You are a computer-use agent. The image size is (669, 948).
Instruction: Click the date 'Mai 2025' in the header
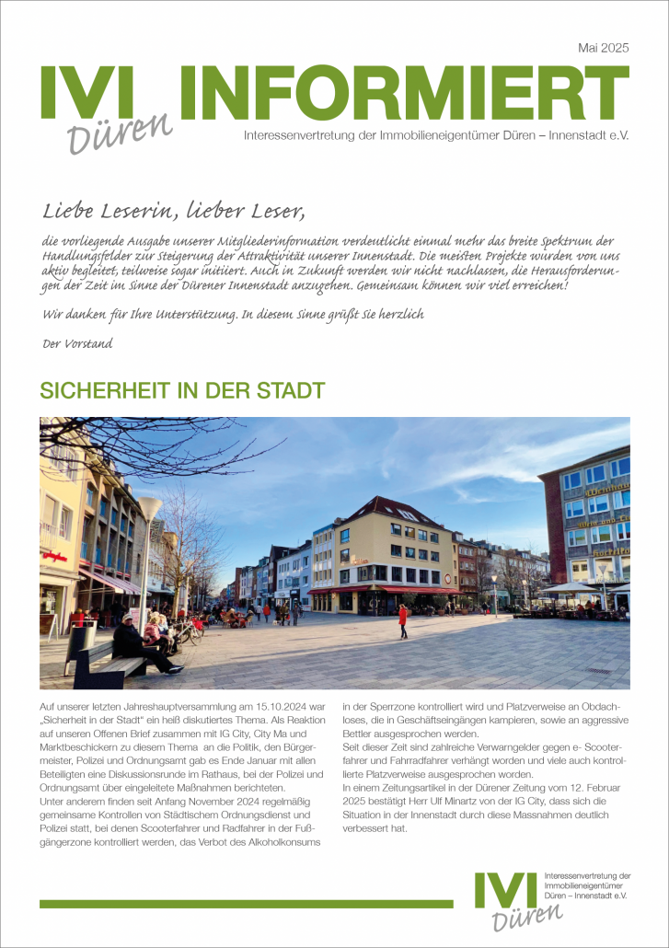[x=603, y=48]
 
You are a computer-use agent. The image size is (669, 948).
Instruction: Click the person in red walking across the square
[x=402, y=621]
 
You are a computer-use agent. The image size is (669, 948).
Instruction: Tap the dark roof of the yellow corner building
[x=405, y=509]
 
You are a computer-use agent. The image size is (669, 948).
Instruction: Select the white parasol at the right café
[x=570, y=587]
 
